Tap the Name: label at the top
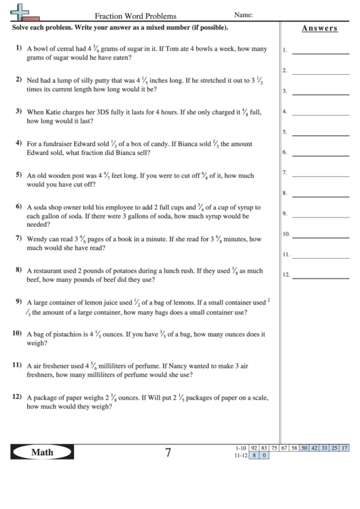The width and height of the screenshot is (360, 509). [243, 14]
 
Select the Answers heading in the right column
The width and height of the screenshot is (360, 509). [319, 28]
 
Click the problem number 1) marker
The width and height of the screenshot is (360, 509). [18, 48]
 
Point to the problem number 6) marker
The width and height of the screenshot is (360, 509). [18, 206]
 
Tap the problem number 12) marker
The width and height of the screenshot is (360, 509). [17, 396]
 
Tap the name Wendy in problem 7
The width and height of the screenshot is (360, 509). [37, 239]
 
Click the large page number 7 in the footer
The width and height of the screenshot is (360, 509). [167, 453]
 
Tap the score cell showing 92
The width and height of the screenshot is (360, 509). [254, 448]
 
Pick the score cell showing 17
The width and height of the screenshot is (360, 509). [344, 448]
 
